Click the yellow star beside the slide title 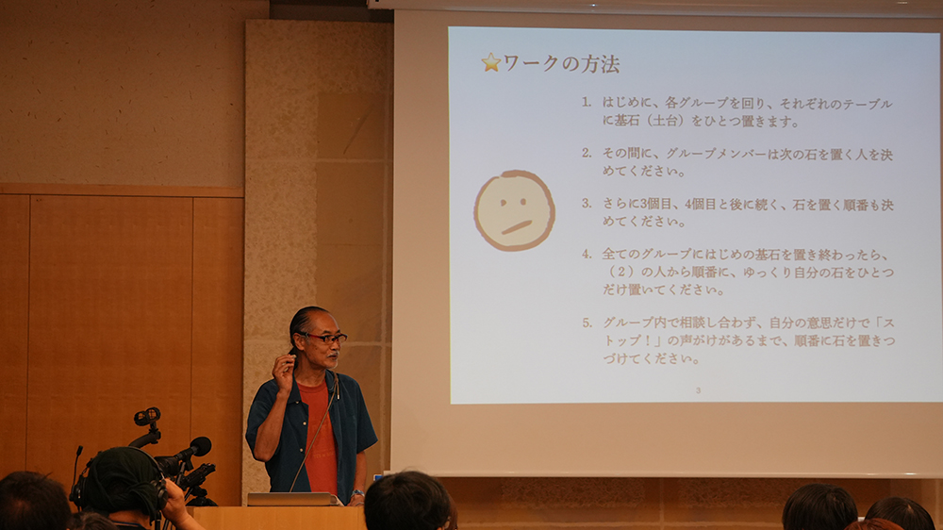[x=490, y=62]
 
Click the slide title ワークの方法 [x=560, y=63]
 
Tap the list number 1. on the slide [x=587, y=103]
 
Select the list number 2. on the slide [x=587, y=154]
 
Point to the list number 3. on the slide [x=587, y=204]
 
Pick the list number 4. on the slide [x=587, y=255]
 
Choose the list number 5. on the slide [x=587, y=323]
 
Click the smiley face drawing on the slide [x=514, y=210]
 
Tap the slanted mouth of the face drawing [x=517, y=227]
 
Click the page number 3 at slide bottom [x=698, y=390]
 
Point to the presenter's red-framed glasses [x=324, y=338]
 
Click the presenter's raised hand [x=283, y=372]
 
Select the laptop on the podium [x=294, y=499]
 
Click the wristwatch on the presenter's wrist [x=357, y=493]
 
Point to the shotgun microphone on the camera [x=185, y=452]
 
